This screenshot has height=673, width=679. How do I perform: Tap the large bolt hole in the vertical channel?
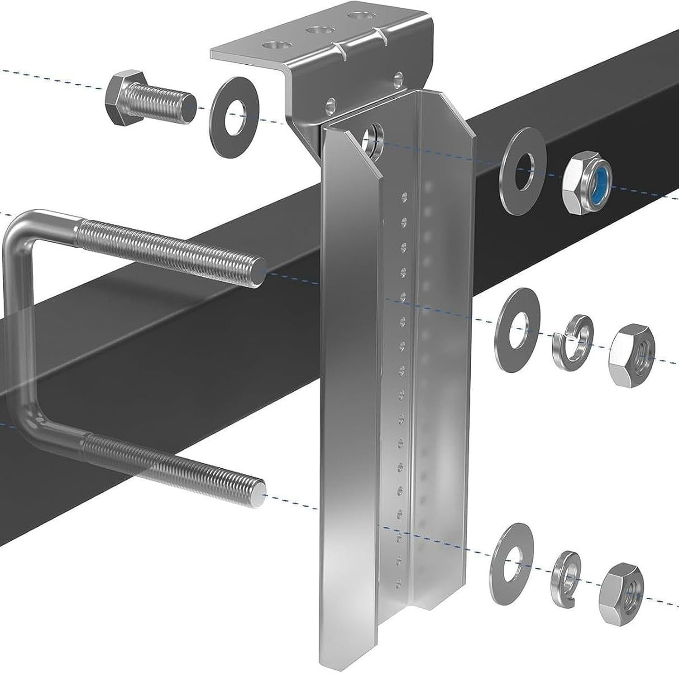point(373,135)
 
